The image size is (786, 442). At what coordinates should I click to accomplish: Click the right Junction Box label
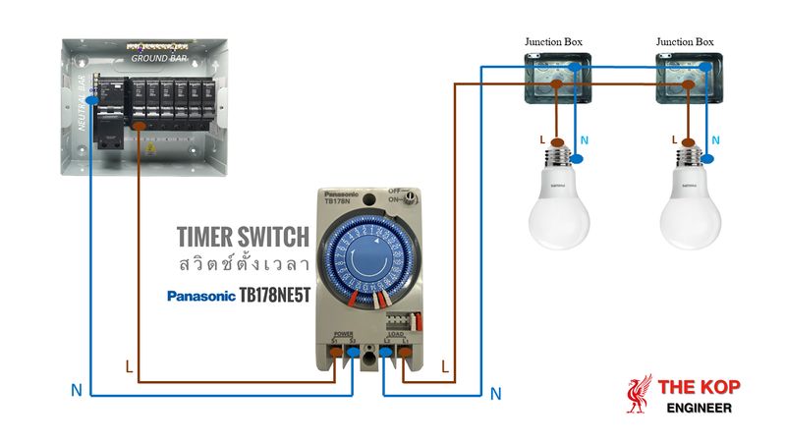[685, 42]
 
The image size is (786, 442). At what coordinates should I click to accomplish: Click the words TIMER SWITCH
[243, 237]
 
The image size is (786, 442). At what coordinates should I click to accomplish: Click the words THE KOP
[701, 386]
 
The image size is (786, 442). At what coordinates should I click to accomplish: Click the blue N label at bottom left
[76, 390]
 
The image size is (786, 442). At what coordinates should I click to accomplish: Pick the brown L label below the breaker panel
[129, 367]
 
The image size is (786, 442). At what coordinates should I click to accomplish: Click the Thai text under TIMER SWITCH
[244, 264]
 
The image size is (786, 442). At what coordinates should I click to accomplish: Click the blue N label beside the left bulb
[585, 140]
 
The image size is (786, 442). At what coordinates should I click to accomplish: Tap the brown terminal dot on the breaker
[140, 127]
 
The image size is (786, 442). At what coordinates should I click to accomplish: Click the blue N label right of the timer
[495, 394]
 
